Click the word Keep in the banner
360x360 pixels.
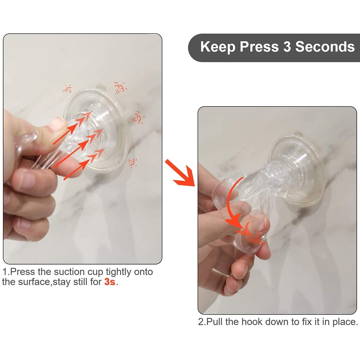point(218,47)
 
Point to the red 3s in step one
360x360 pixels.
point(110,282)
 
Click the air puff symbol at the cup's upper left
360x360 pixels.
point(68,89)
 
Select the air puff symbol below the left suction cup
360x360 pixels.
point(132,163)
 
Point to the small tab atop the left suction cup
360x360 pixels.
point(100,86)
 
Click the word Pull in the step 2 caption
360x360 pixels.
point(215,321)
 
